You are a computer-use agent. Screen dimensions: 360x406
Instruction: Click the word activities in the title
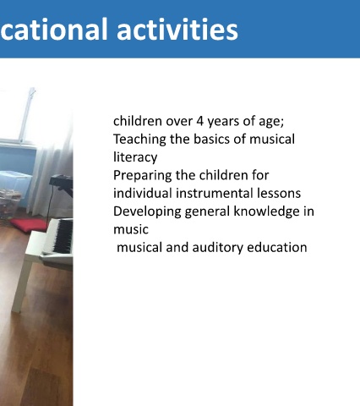point(177,30)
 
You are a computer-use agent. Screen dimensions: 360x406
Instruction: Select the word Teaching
point(139,140)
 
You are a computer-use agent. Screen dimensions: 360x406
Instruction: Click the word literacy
point(135,157)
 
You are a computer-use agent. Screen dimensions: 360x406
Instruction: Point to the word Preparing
point(142,176)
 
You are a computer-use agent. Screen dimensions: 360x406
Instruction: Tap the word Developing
point(147,211)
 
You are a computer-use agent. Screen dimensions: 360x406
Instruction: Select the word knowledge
point(266,211)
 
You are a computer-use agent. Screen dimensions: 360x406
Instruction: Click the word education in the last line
point(277,247)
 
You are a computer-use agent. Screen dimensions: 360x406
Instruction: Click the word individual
point(143,194)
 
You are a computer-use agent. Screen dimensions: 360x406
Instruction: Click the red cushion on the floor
point(30,225)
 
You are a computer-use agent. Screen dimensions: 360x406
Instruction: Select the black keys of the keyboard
point(63,236)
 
